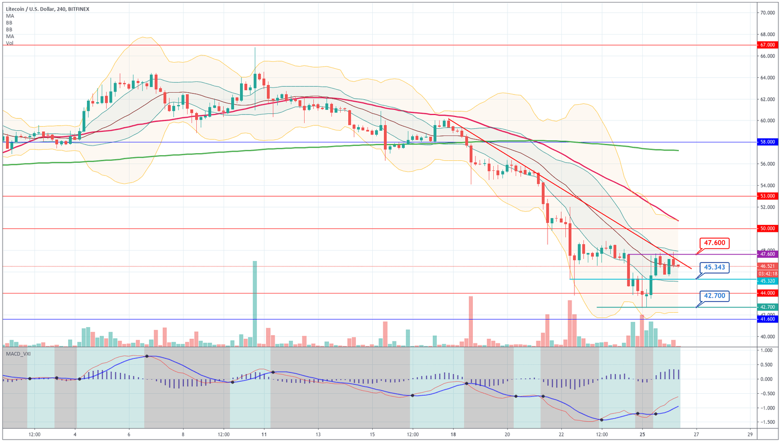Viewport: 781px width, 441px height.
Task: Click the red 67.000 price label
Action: [767, 45]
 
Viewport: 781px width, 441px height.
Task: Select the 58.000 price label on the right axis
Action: [767, 142]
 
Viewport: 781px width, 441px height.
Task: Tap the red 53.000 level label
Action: [767, 196]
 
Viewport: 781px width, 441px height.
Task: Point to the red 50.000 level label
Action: [767, 229]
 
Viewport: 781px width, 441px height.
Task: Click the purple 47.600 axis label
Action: [767, 254]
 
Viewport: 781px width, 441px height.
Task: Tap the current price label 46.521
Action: [767, 266]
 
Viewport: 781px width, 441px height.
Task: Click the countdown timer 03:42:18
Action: [767, 274]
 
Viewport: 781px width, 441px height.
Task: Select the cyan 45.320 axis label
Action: [767, 281]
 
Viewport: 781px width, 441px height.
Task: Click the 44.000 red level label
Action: [767, 293]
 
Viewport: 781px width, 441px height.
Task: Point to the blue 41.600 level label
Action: [767, 319]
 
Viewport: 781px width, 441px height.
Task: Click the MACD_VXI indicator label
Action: [18, 354]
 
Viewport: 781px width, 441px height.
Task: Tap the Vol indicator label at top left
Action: [10, 43]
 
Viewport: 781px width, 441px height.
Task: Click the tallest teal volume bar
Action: [255, 304]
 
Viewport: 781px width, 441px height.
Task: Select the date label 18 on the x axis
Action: [453, 435]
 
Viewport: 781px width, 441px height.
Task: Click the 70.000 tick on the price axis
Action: [767, 13]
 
